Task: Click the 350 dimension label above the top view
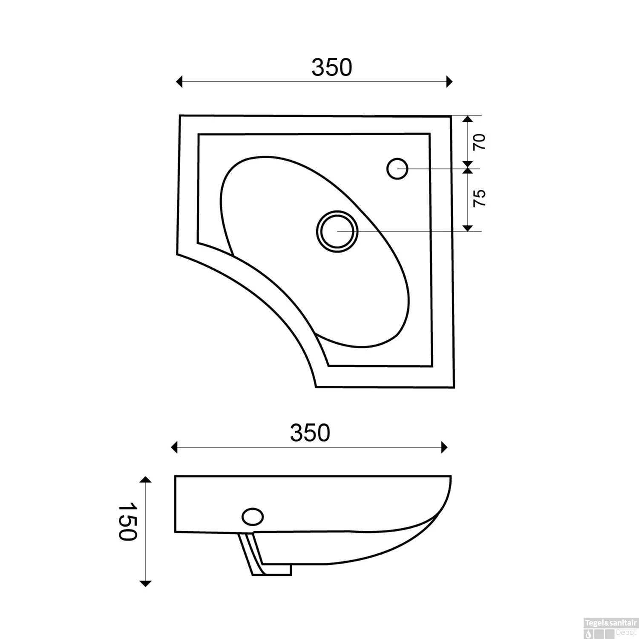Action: [332, 68]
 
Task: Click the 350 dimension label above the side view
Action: [310, 433]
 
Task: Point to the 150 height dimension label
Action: [127, 521]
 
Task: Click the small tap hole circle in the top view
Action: [397, 169]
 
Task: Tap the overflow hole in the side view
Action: [253, 517]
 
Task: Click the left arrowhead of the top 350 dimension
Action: [179, 81]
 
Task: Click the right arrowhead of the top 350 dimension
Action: [449, 81]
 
